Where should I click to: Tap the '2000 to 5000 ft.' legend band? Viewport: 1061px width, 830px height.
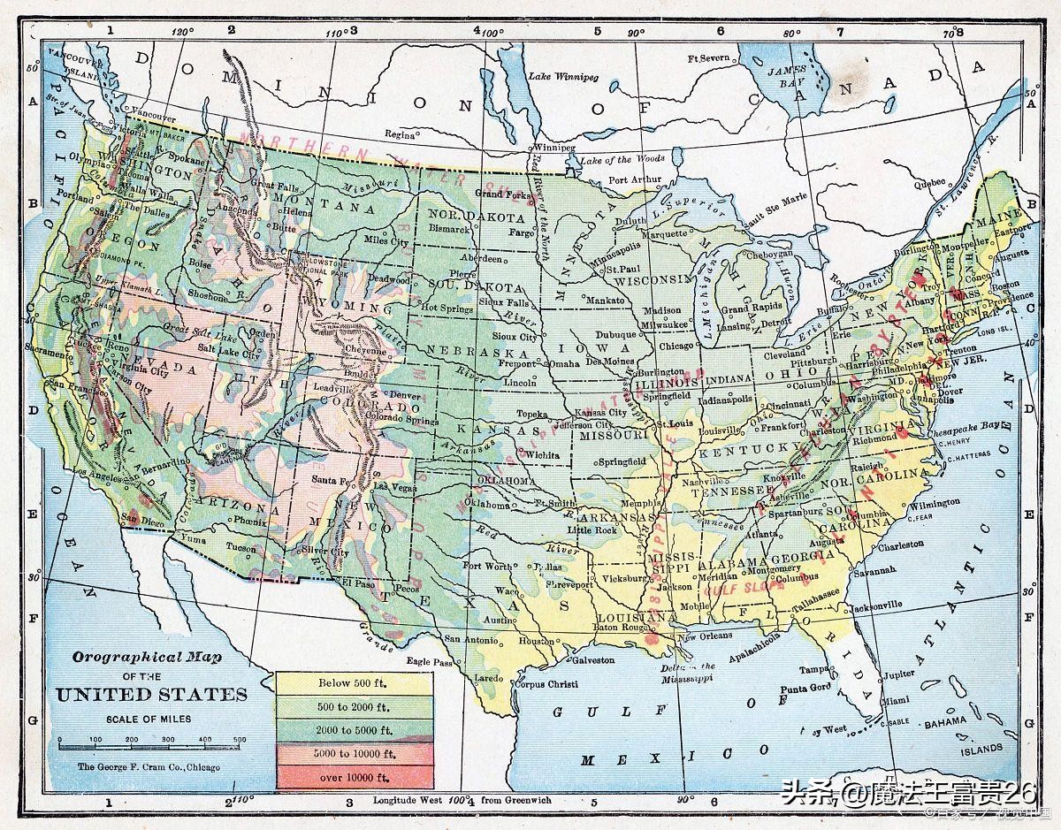[x=355, y=730]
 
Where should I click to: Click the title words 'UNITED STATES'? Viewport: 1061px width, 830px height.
[x=152, y=694]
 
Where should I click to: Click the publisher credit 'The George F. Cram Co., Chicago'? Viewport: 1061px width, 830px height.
[x=149, y=767]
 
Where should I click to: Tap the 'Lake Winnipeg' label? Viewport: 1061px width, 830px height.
[x=563, y=77]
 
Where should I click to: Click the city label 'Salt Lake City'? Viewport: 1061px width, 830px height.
[x=229, y=353]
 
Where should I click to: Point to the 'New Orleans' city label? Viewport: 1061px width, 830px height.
[x=704, y=636]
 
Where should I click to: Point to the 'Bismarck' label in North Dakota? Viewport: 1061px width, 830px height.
[x=451, y=228]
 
